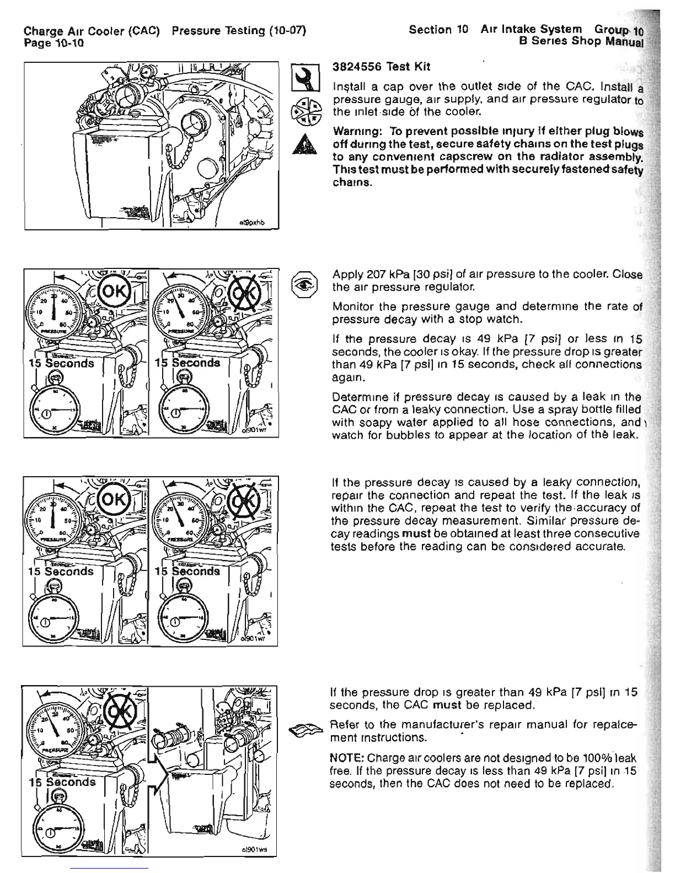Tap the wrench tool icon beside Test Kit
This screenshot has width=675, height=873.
click(x=306, y=78)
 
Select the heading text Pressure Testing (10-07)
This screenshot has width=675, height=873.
click(x=239, y=31)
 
